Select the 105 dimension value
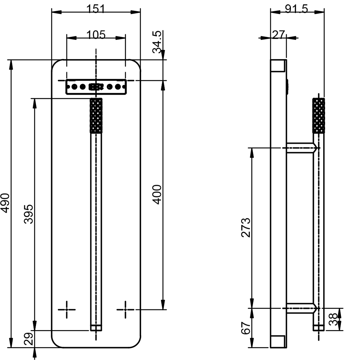tap(96, 35)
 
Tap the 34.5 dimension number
tap(157, 42)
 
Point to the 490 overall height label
tap(5, 203)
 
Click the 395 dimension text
tap(29, 214)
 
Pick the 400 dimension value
tap(157, 194)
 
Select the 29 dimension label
tap(29, 339)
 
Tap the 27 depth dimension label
tap(279, 35)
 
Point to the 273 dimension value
tap(246, 228)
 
